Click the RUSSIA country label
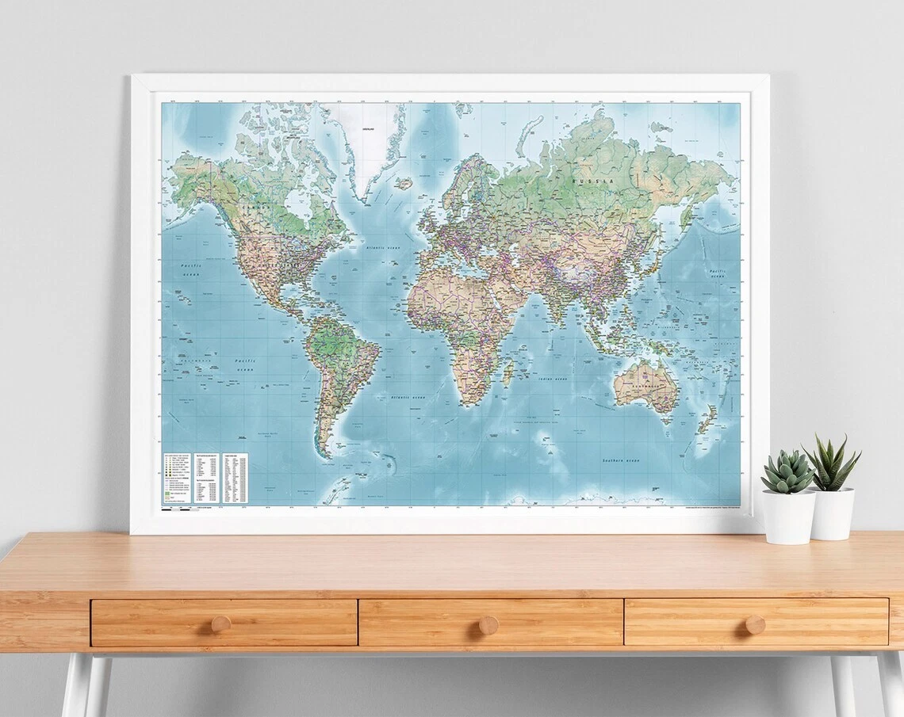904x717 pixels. [x=592, y=181]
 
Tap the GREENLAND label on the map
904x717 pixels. [x=369, y=128]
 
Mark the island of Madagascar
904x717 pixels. [x=508, y=372]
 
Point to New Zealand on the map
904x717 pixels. [x=707, y=418]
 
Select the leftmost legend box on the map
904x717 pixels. [x=178, y=479]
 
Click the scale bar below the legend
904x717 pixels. [x=178, y=509]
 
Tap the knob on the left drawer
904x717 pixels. [x=221, y=624]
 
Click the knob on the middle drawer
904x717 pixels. [x=488, y=625]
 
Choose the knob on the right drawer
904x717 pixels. [x=754, y=625]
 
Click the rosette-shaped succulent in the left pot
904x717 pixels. [x=787, y=472]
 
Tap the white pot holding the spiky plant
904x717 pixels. [x=832, y=513]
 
